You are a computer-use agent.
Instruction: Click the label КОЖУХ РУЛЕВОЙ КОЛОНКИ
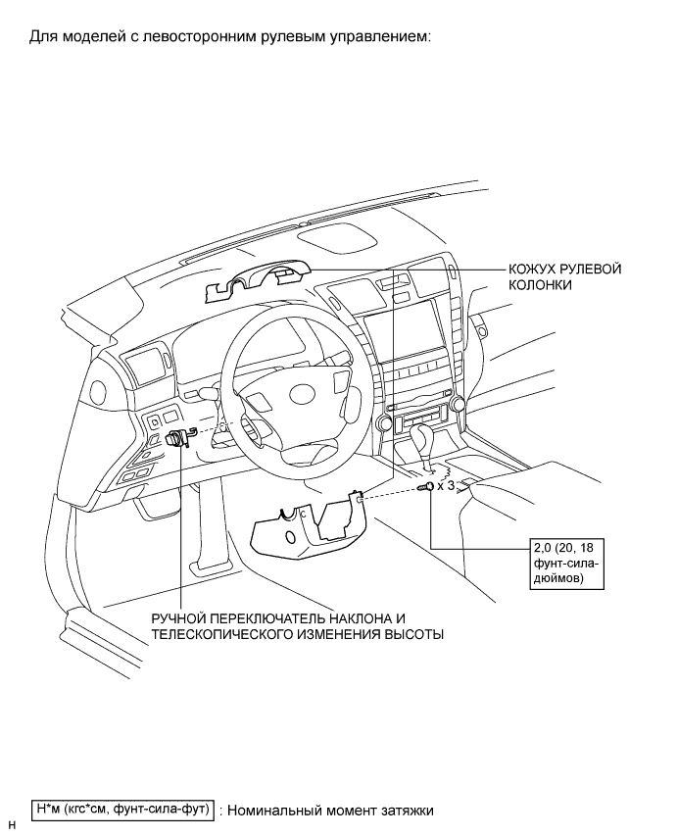click(564, 275)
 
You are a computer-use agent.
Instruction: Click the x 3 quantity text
click(447, 486)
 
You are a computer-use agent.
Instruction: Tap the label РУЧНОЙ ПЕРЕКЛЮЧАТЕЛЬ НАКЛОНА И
click(291, 618)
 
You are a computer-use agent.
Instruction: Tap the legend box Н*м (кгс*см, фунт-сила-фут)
click(123, 810)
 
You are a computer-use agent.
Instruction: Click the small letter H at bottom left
click(12, 825)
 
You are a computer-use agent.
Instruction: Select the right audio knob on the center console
click(458, 405)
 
